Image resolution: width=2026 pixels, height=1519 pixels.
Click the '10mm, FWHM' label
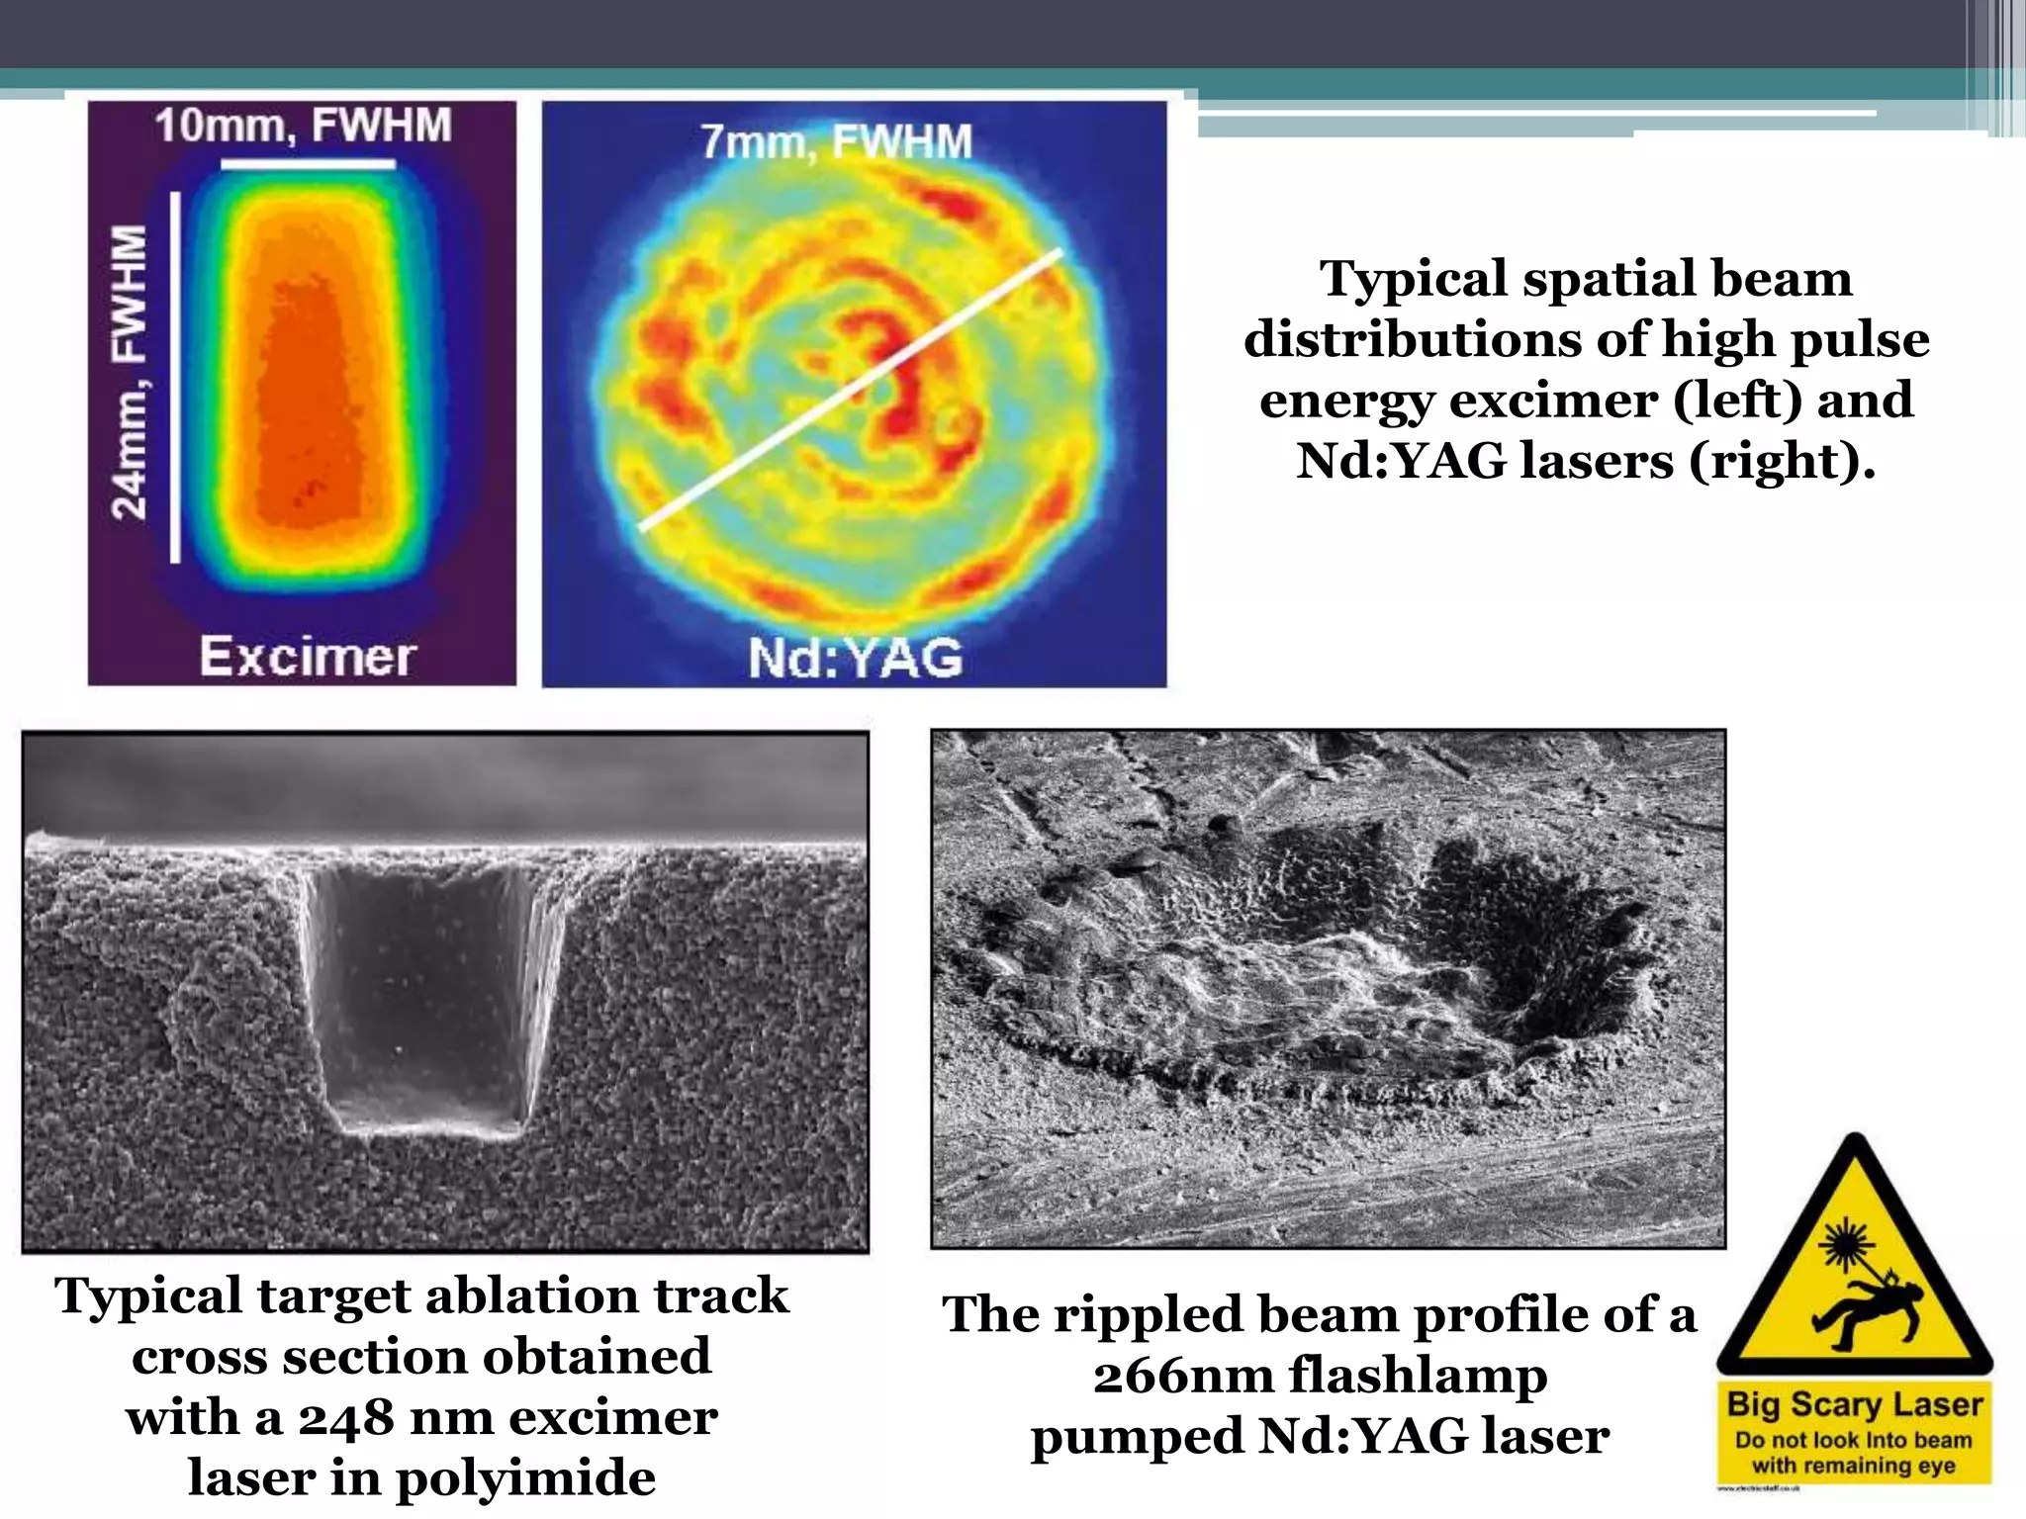(303, 128)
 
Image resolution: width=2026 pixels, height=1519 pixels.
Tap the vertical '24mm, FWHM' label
(131, 371)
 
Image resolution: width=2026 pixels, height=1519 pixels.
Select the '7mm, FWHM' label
(836, 142)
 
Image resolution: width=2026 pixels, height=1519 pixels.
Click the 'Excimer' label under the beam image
(307, 657)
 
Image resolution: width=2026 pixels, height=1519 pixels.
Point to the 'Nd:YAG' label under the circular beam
(856, 658)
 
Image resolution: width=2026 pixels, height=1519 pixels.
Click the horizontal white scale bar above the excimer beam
(308, 165)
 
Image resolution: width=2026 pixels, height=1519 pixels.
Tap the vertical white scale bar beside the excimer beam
(175, 377)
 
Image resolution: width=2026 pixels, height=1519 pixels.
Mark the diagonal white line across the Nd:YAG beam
(851, 390)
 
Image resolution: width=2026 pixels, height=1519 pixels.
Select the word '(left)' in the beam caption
(1742, 401)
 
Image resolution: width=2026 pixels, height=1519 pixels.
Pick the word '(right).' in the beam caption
(1782, 462)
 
